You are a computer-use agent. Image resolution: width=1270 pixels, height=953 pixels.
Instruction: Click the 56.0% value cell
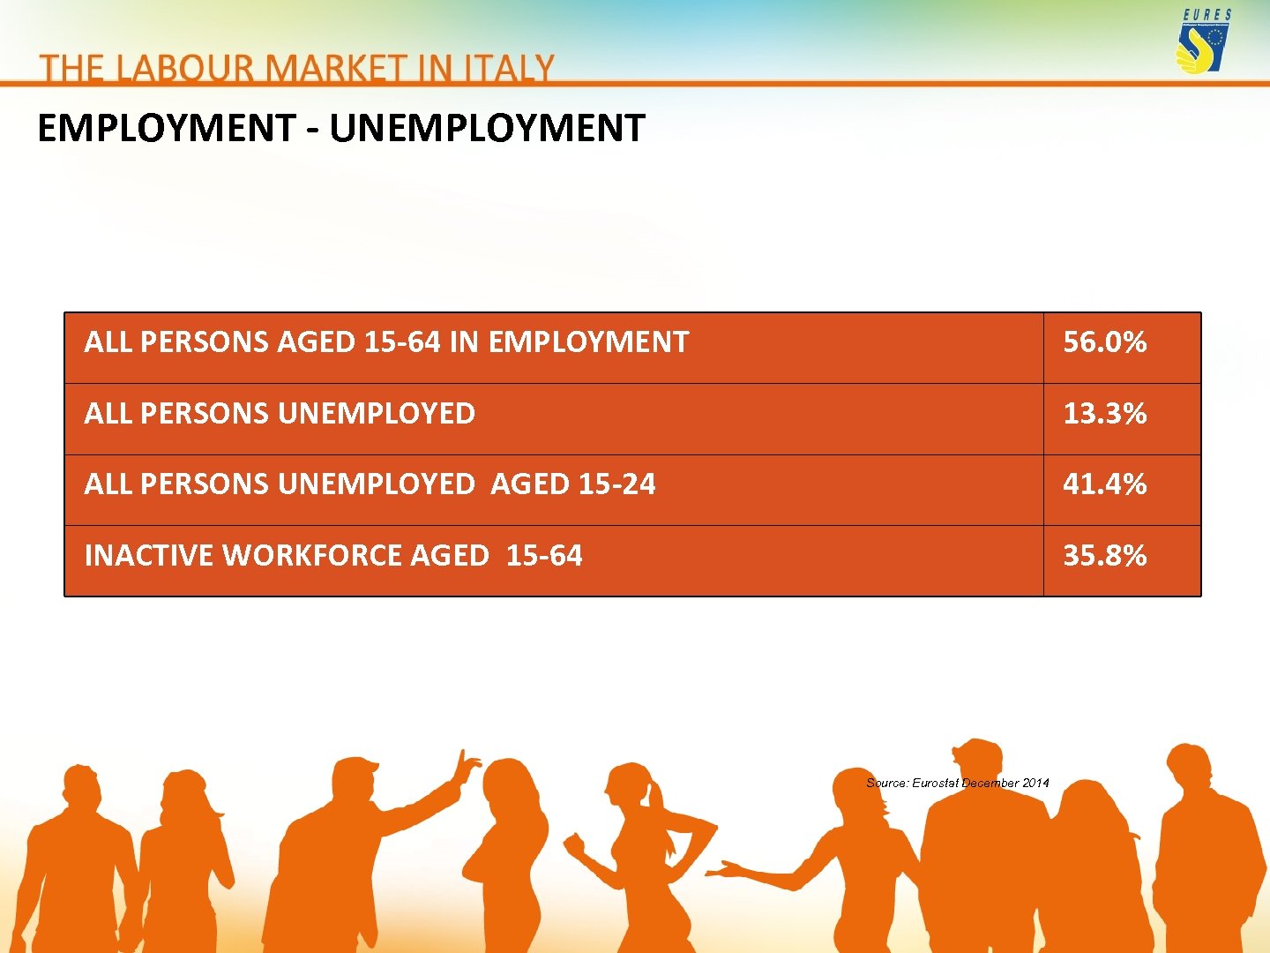[x=1104, y=342]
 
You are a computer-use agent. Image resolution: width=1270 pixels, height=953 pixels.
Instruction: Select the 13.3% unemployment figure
[x=1104, y=414]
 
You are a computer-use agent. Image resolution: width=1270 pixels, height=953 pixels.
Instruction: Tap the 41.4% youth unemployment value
[x=1104, y=484]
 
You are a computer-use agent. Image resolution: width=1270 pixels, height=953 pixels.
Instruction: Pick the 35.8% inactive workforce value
[x=1104, y=556]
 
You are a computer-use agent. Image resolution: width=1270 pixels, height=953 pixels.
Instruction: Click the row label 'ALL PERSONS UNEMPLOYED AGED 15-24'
[x=370, y=484]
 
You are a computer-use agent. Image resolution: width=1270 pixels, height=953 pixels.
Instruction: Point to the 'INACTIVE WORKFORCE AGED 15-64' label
[x=332, y=556]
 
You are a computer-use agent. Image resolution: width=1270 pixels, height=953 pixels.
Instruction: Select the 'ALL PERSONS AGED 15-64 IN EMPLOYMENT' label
[x=386, y=342]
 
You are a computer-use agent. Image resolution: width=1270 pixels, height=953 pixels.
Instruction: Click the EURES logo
[x=1205, y=41]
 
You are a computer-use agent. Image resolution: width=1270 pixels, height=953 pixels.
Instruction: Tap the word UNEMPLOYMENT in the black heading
[x=487, y=129]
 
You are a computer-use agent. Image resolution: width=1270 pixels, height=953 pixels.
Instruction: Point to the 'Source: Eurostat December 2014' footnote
[x=957, y=783]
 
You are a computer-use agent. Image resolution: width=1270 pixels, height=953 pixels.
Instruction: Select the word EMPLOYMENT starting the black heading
[x=166, y=129]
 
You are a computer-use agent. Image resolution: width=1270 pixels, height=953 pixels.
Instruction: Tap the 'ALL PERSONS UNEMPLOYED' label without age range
[x=280, y=414]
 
